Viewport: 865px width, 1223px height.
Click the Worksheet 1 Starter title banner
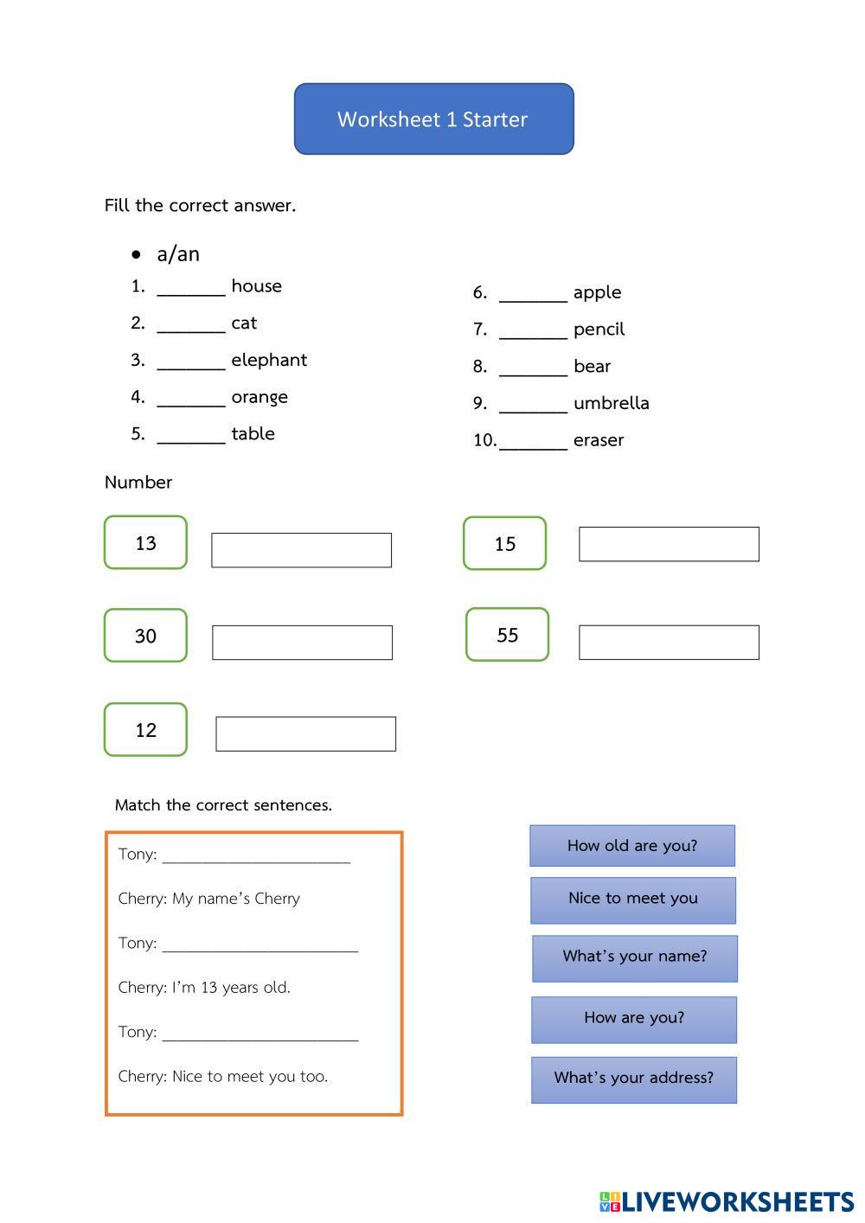tap(433, 119)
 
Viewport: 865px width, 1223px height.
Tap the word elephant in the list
tap(269, 360)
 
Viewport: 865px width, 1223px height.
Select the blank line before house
tap(191, 289)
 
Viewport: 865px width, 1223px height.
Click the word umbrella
tap(611, 403)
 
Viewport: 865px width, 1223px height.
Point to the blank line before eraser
tap(534, 443)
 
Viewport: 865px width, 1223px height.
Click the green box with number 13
tap(145, 543)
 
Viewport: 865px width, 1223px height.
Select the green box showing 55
tap(507, 635)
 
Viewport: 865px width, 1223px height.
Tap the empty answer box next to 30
tap(302, 643)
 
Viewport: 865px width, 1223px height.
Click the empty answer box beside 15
tap(669, 544)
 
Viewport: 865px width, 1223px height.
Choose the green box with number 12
tap(145, 730)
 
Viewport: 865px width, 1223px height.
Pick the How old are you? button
tap(632, 846)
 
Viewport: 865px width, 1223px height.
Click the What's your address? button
tap(634, 1079)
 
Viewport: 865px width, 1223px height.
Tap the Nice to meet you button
tap(633, 900)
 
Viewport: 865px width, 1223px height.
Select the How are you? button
tap(634, 1019)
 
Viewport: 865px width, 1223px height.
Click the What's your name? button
tap(635, 957)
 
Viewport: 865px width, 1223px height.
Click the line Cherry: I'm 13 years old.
tap(204, 988)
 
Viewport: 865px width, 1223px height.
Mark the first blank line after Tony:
tap(256, 856)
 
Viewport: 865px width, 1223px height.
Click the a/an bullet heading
tap(177, 254)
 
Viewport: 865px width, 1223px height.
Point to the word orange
tap(259, 397)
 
